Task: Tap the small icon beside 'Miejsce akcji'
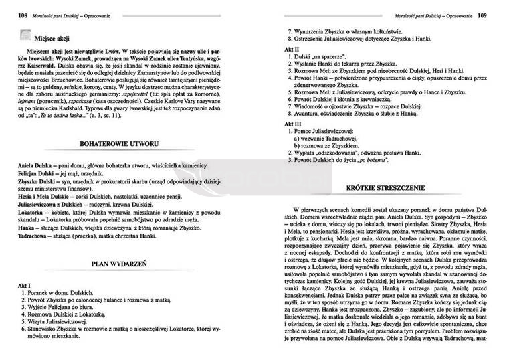click(23, 39)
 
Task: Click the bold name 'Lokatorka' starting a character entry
click(28, 211)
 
